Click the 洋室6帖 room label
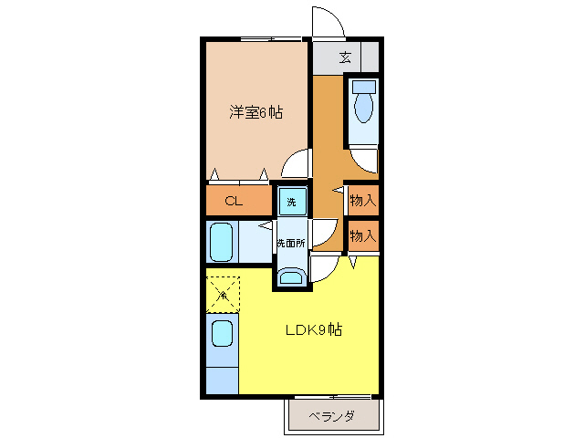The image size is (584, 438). click(255, 113)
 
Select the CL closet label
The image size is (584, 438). click(234, 201)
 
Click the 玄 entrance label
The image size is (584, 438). click(345, 57)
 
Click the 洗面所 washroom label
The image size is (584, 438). click(291, 244)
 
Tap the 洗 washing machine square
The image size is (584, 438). click(292, 201)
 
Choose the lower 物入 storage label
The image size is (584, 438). click(362, 236)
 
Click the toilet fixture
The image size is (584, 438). click(364, 103)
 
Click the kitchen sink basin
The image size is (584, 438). click(222, 332)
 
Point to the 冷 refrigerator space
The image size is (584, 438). click(222, 293)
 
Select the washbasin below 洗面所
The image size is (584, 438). click(292, 277)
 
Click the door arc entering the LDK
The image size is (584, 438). click(324, 268)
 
